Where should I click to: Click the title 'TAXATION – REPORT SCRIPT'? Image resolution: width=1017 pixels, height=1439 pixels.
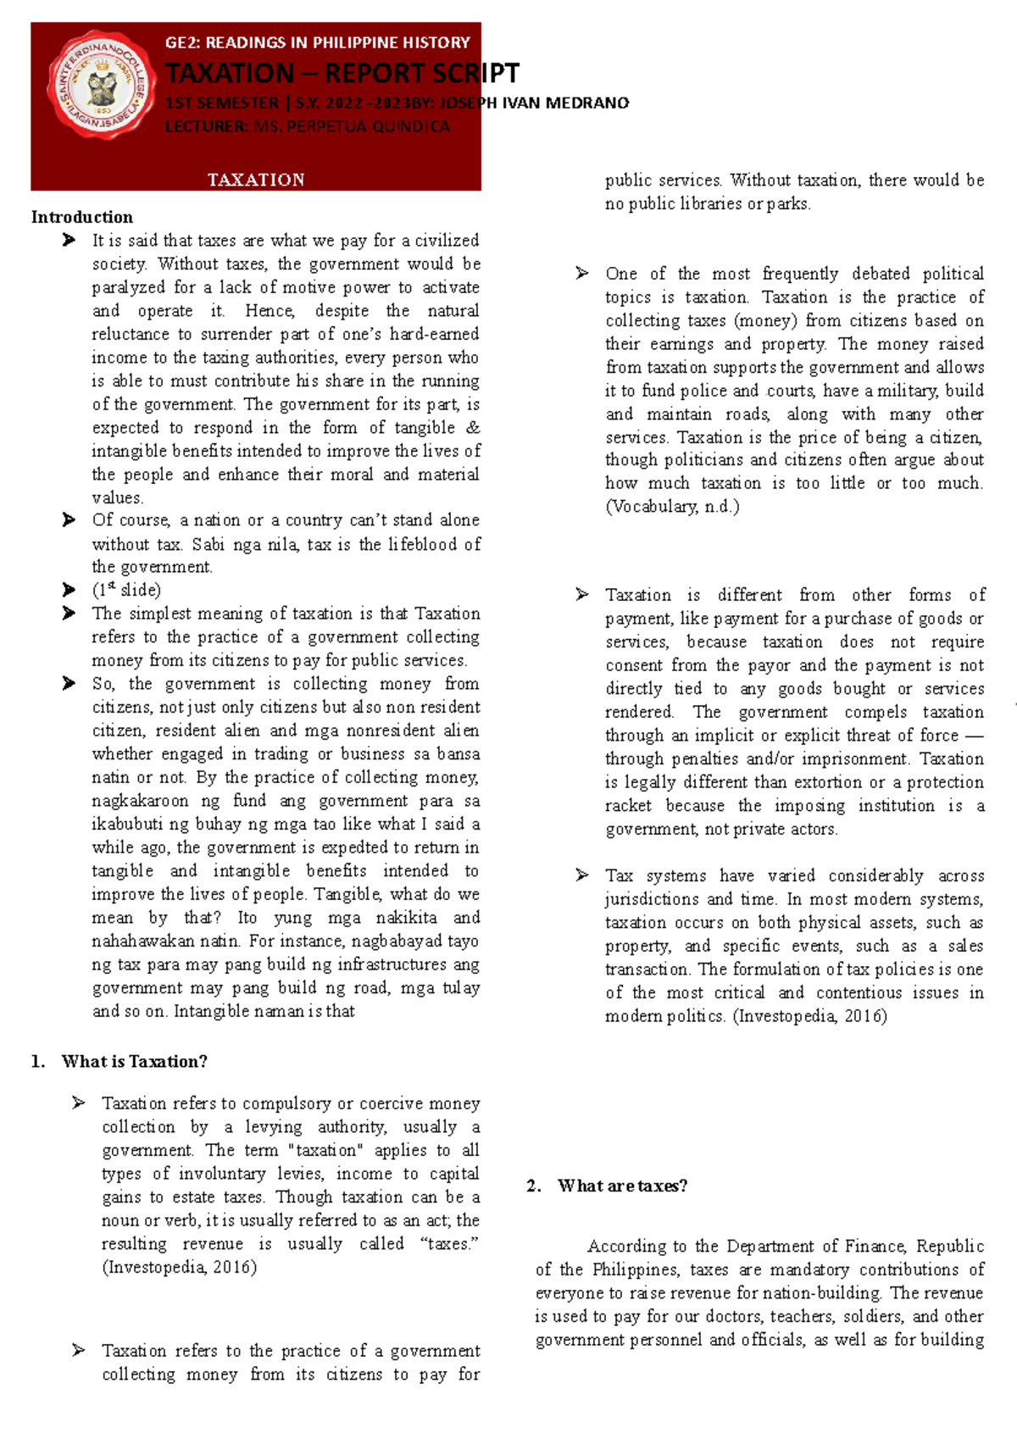click(342, 74)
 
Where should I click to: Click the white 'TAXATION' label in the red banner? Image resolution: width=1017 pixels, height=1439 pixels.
click(256, 180)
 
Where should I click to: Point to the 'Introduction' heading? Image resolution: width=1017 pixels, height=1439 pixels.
click(82, 217)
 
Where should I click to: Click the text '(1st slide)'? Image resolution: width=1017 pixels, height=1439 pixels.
click(126, 590)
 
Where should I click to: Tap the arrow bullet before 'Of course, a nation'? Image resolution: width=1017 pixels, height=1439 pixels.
click(69, 520)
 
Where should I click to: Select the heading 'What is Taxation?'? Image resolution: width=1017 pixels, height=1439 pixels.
click(134, 1062)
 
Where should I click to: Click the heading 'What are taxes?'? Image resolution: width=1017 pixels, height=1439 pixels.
click(622, 1186)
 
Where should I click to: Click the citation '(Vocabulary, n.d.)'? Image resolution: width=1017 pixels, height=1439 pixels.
click(672, 507)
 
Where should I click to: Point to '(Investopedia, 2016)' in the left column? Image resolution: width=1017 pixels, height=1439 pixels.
click(179, 1268)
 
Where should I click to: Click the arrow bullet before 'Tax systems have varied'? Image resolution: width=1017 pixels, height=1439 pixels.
click(581, 875)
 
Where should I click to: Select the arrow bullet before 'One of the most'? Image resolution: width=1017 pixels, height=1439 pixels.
click(581, 274)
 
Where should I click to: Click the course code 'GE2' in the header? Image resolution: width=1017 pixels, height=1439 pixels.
click(180, 42)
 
